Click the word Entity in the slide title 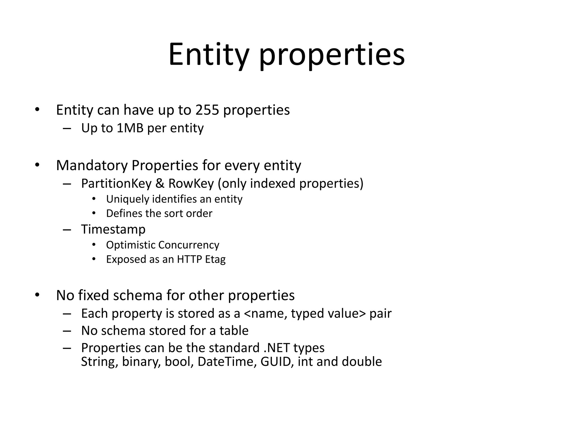pos(208,55)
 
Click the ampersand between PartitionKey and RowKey pos(160,184)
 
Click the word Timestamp pos(113,229)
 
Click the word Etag pos(215,260)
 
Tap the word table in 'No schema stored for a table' pos(234,331)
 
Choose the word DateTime pos(227,362)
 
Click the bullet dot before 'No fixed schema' pos(37,295)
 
